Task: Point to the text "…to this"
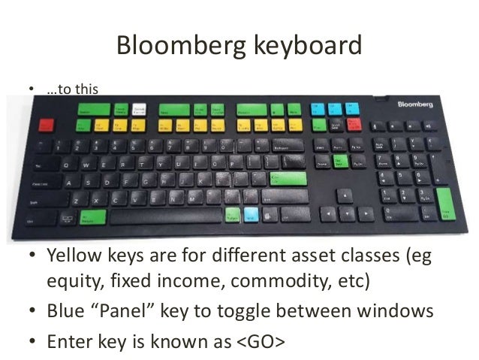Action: [x=72, y=92]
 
